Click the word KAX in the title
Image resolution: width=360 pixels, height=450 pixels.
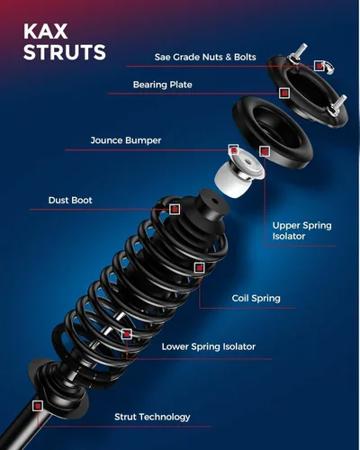pyautogui.click(x=46, y=31)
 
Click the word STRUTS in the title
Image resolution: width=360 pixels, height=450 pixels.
pyautogui.click(x=65, y=52)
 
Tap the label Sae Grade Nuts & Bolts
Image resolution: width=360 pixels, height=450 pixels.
pyautogui.click(x=205, y=57)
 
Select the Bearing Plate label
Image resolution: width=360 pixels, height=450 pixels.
pyautogui.click(x=162, y=85)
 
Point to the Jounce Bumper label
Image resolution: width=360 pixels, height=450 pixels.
pyautogui.click(x=126, y=140)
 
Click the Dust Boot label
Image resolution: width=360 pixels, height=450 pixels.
pyautogui.click(x=70, y=200)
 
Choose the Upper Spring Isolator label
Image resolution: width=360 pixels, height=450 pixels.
pyautogui.click(x=302, y=230)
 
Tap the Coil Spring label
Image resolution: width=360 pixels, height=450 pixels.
pyautogui.click(x=256, y=298)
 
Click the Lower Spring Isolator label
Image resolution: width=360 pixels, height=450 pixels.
pyautogui.click(x=209, y=346)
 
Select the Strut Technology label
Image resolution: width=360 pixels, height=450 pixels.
pyautogui.click(x=152, y=417)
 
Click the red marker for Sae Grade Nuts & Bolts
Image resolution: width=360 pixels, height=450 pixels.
pyautogui.click(x=319, y=66)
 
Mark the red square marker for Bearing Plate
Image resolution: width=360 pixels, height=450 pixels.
pyautogui.click(x=284, y=93)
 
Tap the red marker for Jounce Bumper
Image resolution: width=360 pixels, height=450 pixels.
pyautogui.click(x=233, y=149)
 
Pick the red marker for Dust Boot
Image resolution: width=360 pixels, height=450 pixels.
pyautogui.click(x=175, y=209)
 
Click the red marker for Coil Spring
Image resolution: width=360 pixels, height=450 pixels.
pyautogui.click(x=199, y=267)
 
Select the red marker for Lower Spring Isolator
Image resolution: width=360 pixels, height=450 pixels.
pyautogui.click(x=127, y=334)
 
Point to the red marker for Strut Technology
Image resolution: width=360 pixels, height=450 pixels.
pyautogui.click(x=38, y=406)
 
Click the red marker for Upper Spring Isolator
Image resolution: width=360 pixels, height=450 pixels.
pyautogui.click(x=265, y=151)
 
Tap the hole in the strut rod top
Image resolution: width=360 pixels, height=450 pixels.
pyautogui.click(x=214, y=201)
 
